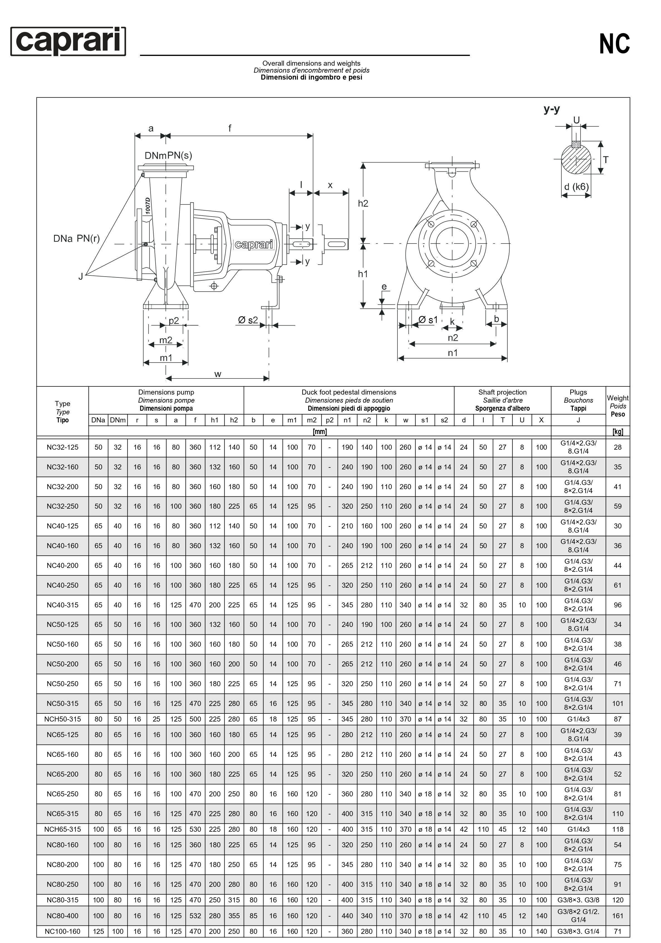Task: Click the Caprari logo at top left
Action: click(68, 41)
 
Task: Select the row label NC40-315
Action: click(62, 605)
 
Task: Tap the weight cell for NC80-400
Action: click(618, 916)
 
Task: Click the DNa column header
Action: click(98, 420)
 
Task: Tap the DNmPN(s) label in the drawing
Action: click(168, 156)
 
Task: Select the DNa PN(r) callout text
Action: click(77, 239)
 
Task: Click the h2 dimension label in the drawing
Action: click(363, 203)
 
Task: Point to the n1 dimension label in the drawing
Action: click(452, 353)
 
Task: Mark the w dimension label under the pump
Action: click(218, 374)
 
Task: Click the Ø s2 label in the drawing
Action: click(248, 320)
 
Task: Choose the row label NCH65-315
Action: click(62, 829)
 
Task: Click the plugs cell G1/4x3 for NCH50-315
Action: click(578, 719)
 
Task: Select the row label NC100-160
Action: click(62, 932)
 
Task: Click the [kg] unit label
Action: click(618, 432)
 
